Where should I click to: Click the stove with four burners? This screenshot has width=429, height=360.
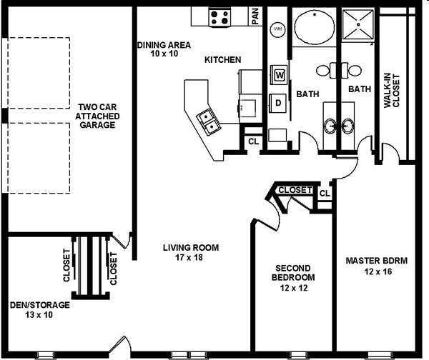pos(220,17)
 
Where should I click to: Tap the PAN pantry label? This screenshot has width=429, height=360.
pos(255,16)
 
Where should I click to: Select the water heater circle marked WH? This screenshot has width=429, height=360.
pos(277,29)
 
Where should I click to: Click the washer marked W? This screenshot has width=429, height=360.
pos(279,74)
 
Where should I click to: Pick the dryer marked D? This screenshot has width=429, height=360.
pos(278,103)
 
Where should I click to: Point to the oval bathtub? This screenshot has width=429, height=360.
pos(315,27)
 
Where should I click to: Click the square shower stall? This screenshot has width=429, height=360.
pos(357,24)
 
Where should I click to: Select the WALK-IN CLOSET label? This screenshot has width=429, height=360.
pos(392,91)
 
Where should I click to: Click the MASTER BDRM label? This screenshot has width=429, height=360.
pos(377,261)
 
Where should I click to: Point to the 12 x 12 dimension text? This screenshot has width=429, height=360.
pos(294,288)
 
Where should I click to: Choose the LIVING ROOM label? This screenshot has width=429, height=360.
pos(191,248)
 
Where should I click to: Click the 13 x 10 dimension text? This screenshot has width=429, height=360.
pos(39,314)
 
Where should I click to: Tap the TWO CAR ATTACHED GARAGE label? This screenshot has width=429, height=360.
pos(97,116)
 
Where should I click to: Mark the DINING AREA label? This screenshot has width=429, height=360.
pos(164,45)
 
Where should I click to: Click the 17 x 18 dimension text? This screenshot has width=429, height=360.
pos(189,257)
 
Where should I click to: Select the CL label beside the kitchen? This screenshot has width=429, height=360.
pos(253,141)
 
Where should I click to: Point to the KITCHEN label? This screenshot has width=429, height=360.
pos(222,59)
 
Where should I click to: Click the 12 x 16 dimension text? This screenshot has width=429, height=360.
pos(378,271)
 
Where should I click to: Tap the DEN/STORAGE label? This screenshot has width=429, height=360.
pos(40,305)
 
